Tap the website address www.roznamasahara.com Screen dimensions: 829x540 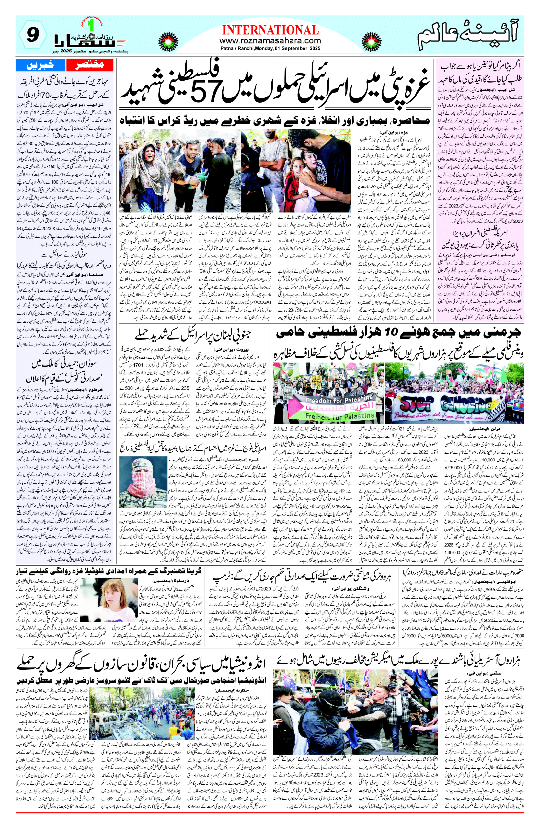[270, 41]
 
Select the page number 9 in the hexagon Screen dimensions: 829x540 [32, 35]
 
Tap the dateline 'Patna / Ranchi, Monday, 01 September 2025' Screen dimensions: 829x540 [270, 49]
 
